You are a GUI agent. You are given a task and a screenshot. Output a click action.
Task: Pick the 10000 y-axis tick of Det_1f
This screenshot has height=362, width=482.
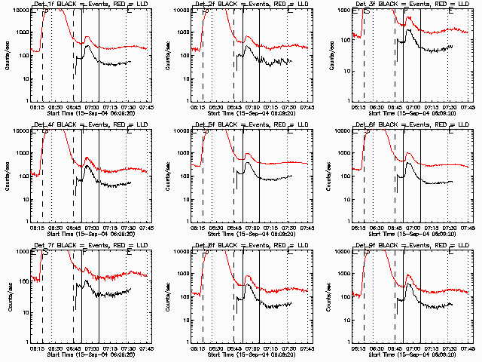pyautogui.click(x=20, y=10)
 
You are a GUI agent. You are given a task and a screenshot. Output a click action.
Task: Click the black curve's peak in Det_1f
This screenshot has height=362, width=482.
pyautogui.click(x=88, y=46)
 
